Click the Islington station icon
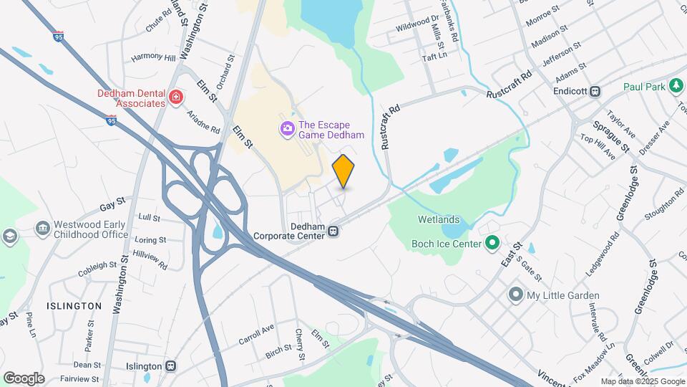[x=170, y=365]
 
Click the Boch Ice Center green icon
[x=492, y=244]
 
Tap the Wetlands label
[x=440, y=219]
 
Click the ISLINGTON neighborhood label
[x=74, y=306]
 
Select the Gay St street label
[x=112, y=206]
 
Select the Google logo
[x=24, y=378]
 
